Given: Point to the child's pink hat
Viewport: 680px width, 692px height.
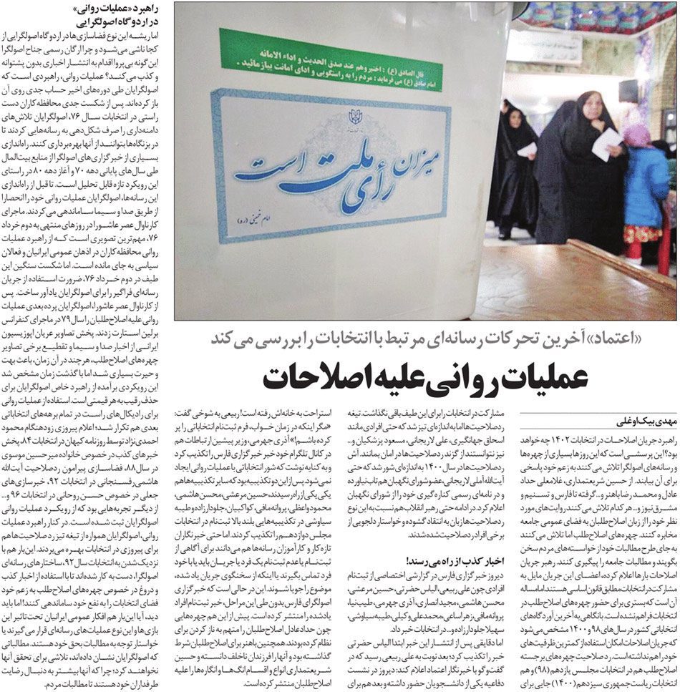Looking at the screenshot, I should pyautogui.click(x=636, y=132).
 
